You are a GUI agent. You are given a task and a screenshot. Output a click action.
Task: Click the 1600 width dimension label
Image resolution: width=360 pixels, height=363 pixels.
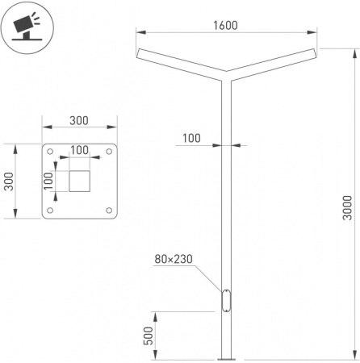[x=225, y=26]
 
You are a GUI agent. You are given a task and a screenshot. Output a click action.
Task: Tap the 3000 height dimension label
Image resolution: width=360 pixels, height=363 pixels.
[x=347, y=207]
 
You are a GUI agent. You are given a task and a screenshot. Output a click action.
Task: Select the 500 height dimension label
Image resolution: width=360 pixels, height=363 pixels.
[x=149, y=336]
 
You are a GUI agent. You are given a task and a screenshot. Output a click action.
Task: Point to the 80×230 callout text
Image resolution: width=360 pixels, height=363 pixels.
[x=174, y=259]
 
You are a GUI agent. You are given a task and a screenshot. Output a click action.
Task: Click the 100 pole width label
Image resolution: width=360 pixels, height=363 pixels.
[x=191, y=138]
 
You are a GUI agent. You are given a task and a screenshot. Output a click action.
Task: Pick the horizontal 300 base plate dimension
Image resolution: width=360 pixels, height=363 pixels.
[x=79, y=121]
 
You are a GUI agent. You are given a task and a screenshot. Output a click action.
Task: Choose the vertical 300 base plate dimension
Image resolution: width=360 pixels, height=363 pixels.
[x=9, y=181]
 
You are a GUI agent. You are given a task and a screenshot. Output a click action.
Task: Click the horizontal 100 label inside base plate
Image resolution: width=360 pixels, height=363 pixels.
[x=79, y=150]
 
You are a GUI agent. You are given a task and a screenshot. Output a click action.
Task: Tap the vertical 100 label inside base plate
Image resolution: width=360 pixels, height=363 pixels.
[x=48, y=181]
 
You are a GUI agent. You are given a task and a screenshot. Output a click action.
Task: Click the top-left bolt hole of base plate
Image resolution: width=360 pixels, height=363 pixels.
[x=50, y=152]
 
